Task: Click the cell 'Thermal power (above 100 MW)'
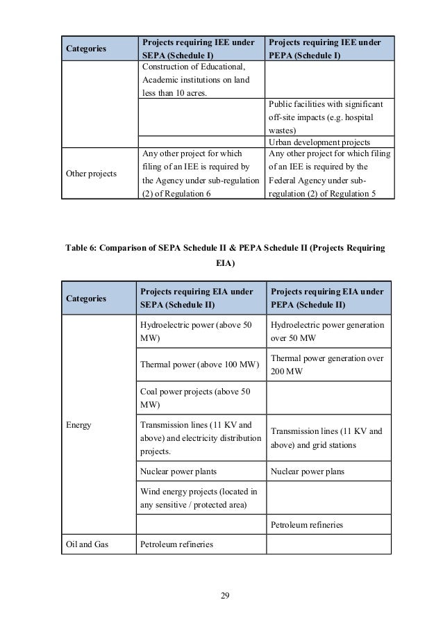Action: click(x=200, y=364)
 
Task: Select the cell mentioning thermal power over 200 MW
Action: click(x=326, y=364)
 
